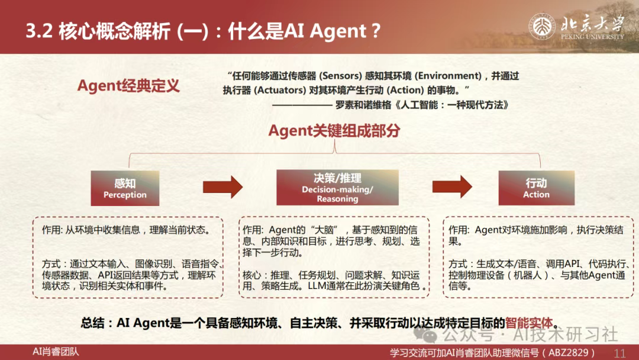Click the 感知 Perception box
point(125,188)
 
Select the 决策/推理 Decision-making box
point(337,188)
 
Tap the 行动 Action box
point(536,188)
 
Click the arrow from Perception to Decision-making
point(222,187)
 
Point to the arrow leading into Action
point(452,187)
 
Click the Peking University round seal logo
point(542,27)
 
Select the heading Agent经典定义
point(128,86)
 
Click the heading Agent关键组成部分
point(334,131)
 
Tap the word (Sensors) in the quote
point(341,76)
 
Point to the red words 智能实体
point(529,323)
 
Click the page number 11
point(619,353)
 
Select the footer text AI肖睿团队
point(56,352)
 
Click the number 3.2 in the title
point(39,31)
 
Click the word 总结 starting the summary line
point(92,323)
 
